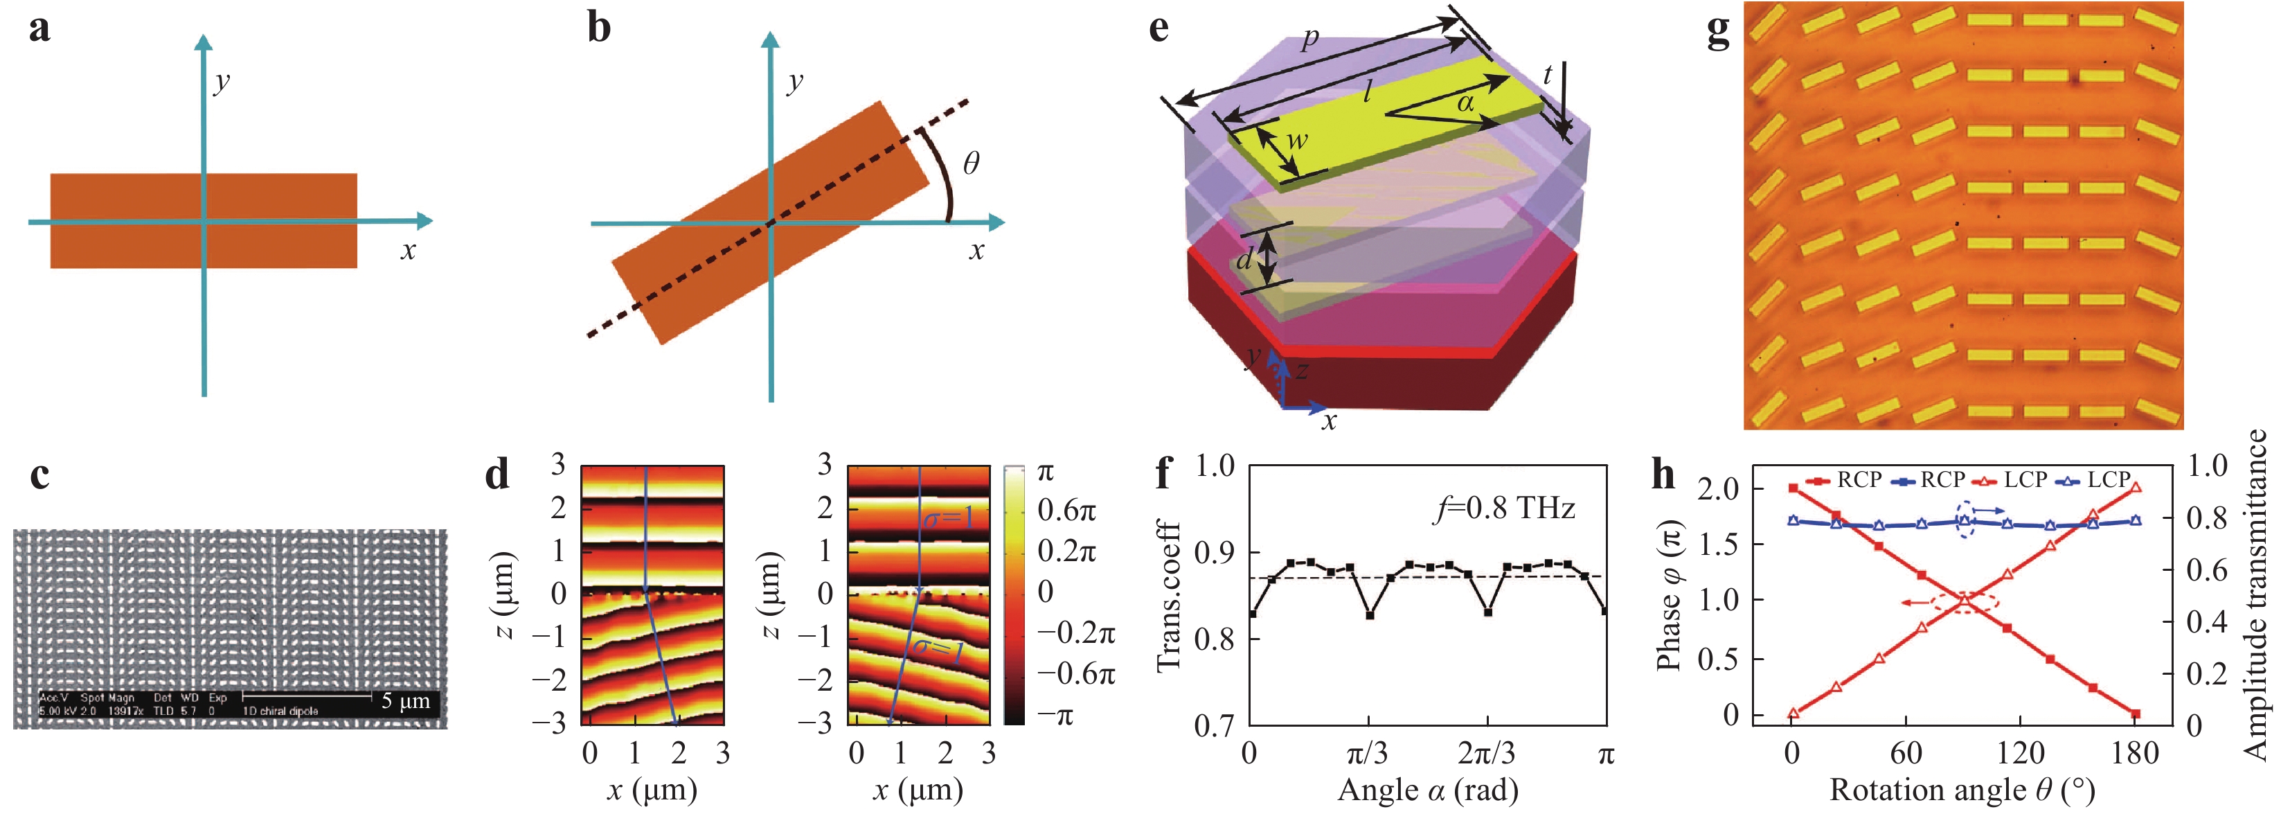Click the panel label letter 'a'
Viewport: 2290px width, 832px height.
(39, 28)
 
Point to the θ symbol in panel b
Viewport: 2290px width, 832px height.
(971, 163)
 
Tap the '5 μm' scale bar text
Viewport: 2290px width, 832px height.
(405, 700)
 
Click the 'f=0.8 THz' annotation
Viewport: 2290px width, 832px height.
(1504, 508)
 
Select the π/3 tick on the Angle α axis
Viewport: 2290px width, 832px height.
(1367, 754)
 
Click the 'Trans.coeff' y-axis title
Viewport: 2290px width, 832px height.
(1170, 596)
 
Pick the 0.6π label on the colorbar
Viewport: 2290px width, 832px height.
(1067, 511)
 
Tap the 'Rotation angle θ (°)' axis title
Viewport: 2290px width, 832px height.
(1962, 789)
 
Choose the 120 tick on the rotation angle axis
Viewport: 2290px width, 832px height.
(2020, 754)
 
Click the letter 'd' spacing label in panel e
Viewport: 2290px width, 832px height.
(1244, 260)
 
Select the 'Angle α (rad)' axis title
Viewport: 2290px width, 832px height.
(1428, 789)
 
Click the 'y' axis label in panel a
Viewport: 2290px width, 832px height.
(222, 81)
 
